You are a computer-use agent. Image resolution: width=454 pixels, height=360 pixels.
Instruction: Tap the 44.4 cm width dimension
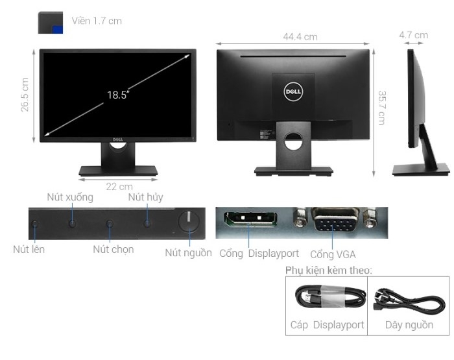[300, 37]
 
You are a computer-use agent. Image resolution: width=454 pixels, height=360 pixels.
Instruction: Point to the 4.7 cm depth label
[413, 35]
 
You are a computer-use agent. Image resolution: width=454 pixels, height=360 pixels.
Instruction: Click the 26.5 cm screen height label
[25, 95]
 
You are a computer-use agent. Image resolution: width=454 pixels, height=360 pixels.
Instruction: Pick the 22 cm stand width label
[119, 187]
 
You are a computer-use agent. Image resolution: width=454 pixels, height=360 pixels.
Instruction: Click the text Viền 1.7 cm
[97, 21]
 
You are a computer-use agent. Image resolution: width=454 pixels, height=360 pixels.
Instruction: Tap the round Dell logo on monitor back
[292, 92]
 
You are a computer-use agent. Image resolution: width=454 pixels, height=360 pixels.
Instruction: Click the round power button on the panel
[188, 222]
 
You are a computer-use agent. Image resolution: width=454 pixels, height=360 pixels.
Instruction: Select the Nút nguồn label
[188, 252]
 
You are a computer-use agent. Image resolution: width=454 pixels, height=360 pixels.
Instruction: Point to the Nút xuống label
[70, 197]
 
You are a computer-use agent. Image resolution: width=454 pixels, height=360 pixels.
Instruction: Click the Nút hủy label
[145, 197]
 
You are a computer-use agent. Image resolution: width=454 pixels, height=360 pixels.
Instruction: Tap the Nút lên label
[29, 248]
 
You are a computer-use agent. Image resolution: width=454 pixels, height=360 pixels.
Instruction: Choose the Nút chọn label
[113, 249]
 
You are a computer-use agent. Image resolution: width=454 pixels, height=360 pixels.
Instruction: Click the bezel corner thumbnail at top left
[51, 22]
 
